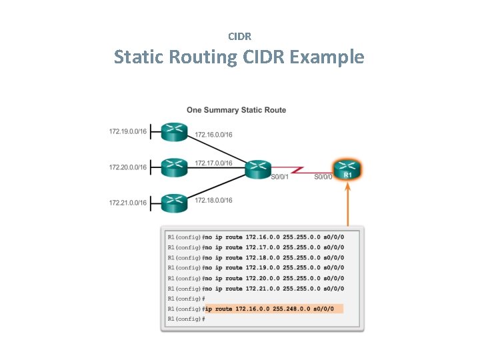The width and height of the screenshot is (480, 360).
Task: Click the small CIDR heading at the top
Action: [x=239, y=36]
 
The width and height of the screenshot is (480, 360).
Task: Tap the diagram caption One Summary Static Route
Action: [x=237, y=110]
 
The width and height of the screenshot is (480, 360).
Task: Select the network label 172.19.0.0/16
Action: [x=127, y=132]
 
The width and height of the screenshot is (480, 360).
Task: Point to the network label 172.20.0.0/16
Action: [x=127, y=167]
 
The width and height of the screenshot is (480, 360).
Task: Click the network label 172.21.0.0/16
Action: [x=127, y=203]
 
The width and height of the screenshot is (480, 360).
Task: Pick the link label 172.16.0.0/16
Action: [x=213, y=135]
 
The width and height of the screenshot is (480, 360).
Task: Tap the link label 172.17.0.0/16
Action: [x=213, y=163]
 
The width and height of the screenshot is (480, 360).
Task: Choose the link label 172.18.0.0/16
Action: [x=213, y=200]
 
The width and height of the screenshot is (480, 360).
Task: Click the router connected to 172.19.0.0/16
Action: [x=174, y=132]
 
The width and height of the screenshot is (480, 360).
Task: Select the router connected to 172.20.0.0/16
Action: [x=174, y=167]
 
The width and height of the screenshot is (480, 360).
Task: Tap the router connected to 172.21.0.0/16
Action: [x=174, y=202]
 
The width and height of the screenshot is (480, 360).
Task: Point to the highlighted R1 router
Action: [x=347, y=169]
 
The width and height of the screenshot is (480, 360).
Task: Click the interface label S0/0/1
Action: [x=279, y=177]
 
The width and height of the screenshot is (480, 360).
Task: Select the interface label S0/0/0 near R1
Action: [x=323, y=177]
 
